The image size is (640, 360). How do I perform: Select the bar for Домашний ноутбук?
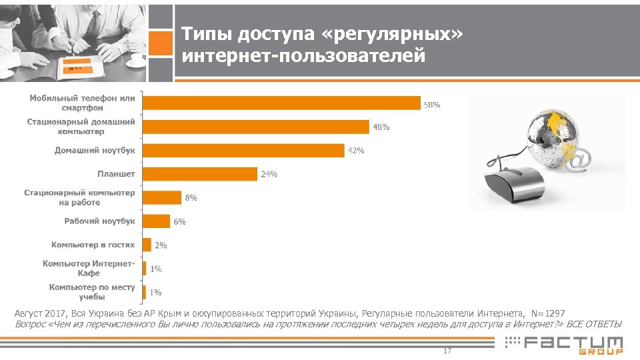[243, 150]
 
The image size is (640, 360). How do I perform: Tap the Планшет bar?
[200, 174]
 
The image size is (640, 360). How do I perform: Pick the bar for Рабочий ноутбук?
[157, 221]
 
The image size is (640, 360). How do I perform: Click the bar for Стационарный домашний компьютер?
[256, 127]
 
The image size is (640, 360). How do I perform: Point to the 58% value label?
[432, 105]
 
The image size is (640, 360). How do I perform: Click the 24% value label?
[269, 174]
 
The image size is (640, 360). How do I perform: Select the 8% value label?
[191, 197]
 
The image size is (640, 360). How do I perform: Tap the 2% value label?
[161, 245]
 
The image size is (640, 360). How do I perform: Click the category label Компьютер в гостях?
[93, 245]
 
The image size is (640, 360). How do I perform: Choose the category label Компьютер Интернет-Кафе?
[88, 268]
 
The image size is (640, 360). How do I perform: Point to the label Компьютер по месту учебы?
[91, 292]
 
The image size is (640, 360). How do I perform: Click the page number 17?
[447, 351]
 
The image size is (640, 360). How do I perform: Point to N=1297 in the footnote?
[548, 313]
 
